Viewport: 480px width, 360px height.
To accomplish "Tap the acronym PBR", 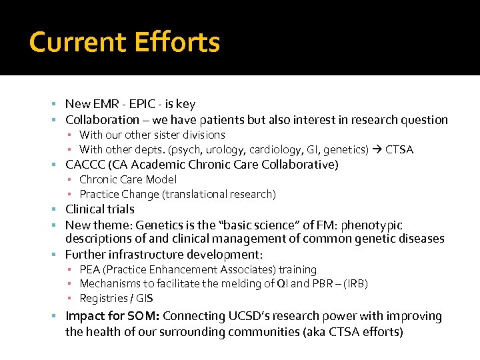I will coord(325,284).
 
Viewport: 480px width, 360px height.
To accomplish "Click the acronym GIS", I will coord(144,298).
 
